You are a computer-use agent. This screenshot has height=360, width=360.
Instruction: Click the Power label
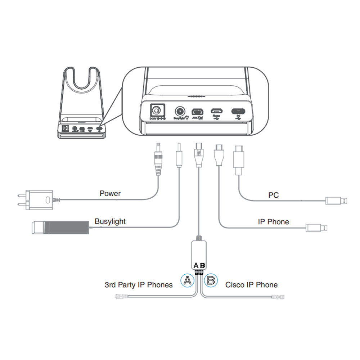click(x=110, y=194)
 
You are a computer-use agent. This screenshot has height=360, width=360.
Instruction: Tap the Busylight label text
click(x=110, y=221)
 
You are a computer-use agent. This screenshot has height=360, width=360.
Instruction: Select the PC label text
click(x=274, y=195)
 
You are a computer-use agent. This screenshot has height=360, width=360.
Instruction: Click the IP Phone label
click(x=273, y=222)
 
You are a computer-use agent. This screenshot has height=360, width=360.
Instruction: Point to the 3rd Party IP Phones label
click(x=139, y=285)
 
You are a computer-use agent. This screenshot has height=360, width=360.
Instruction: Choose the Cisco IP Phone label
click(x=251, y=285)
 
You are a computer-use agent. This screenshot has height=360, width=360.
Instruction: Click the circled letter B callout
click(x=211, y=280)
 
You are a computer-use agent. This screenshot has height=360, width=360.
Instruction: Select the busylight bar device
click(x=59, y=228)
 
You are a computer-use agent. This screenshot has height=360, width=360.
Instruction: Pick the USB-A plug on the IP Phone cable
click(x=317, y=228)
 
